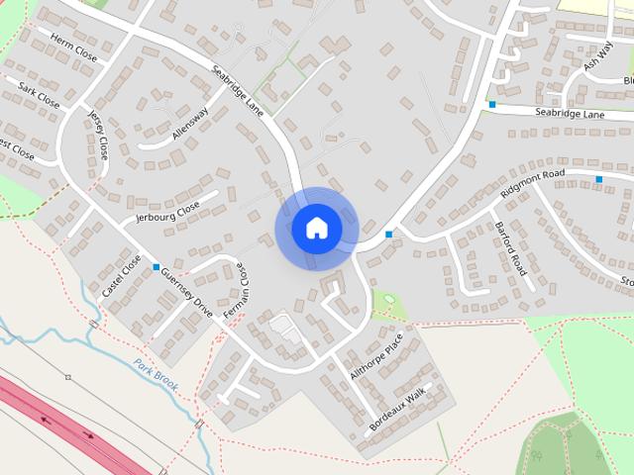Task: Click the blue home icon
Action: click(316, 228)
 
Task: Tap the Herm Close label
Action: click(73, 50)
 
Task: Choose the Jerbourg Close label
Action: click(167, 212)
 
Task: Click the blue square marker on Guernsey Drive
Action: click(157, 267)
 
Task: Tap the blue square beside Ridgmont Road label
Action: click(598, 179)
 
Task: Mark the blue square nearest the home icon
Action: click(389, 235)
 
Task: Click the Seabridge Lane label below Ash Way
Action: click(570, 115)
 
